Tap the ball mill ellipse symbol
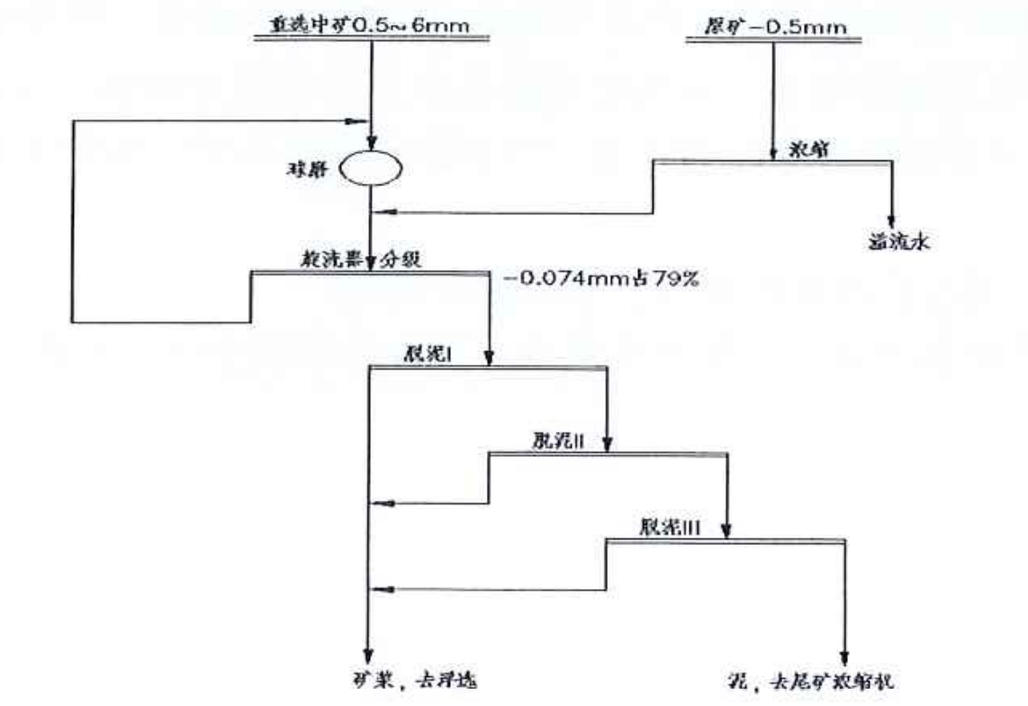click(371, 168)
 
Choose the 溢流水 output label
click(891, 240)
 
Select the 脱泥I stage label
click(427, 355)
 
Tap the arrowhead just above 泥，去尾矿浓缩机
click(845, 655)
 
